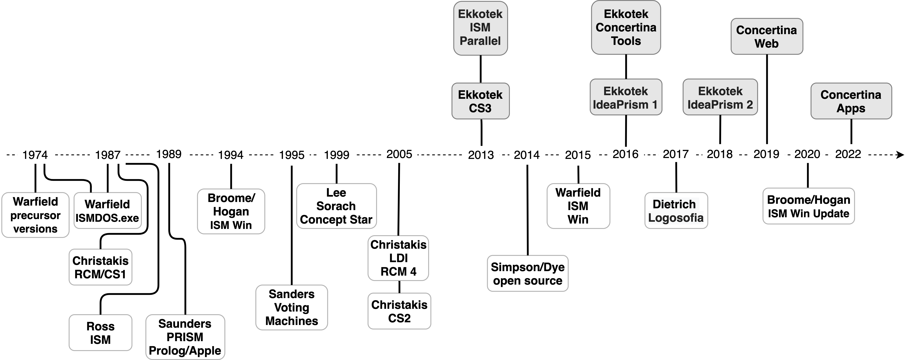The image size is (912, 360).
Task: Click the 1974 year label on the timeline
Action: click(35, 155)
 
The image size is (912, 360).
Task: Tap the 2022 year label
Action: click(848, 154)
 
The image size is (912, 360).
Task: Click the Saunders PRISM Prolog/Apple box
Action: click(185, 337)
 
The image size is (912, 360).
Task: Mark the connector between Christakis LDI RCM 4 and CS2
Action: click(399, 287)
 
